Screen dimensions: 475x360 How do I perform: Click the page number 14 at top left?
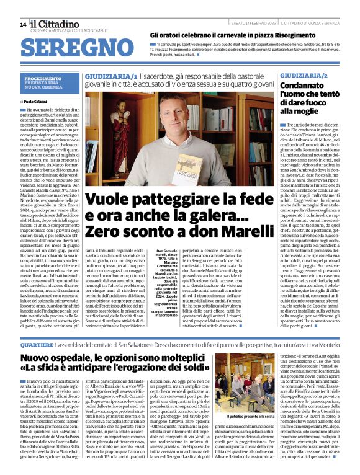pos(23,24)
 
